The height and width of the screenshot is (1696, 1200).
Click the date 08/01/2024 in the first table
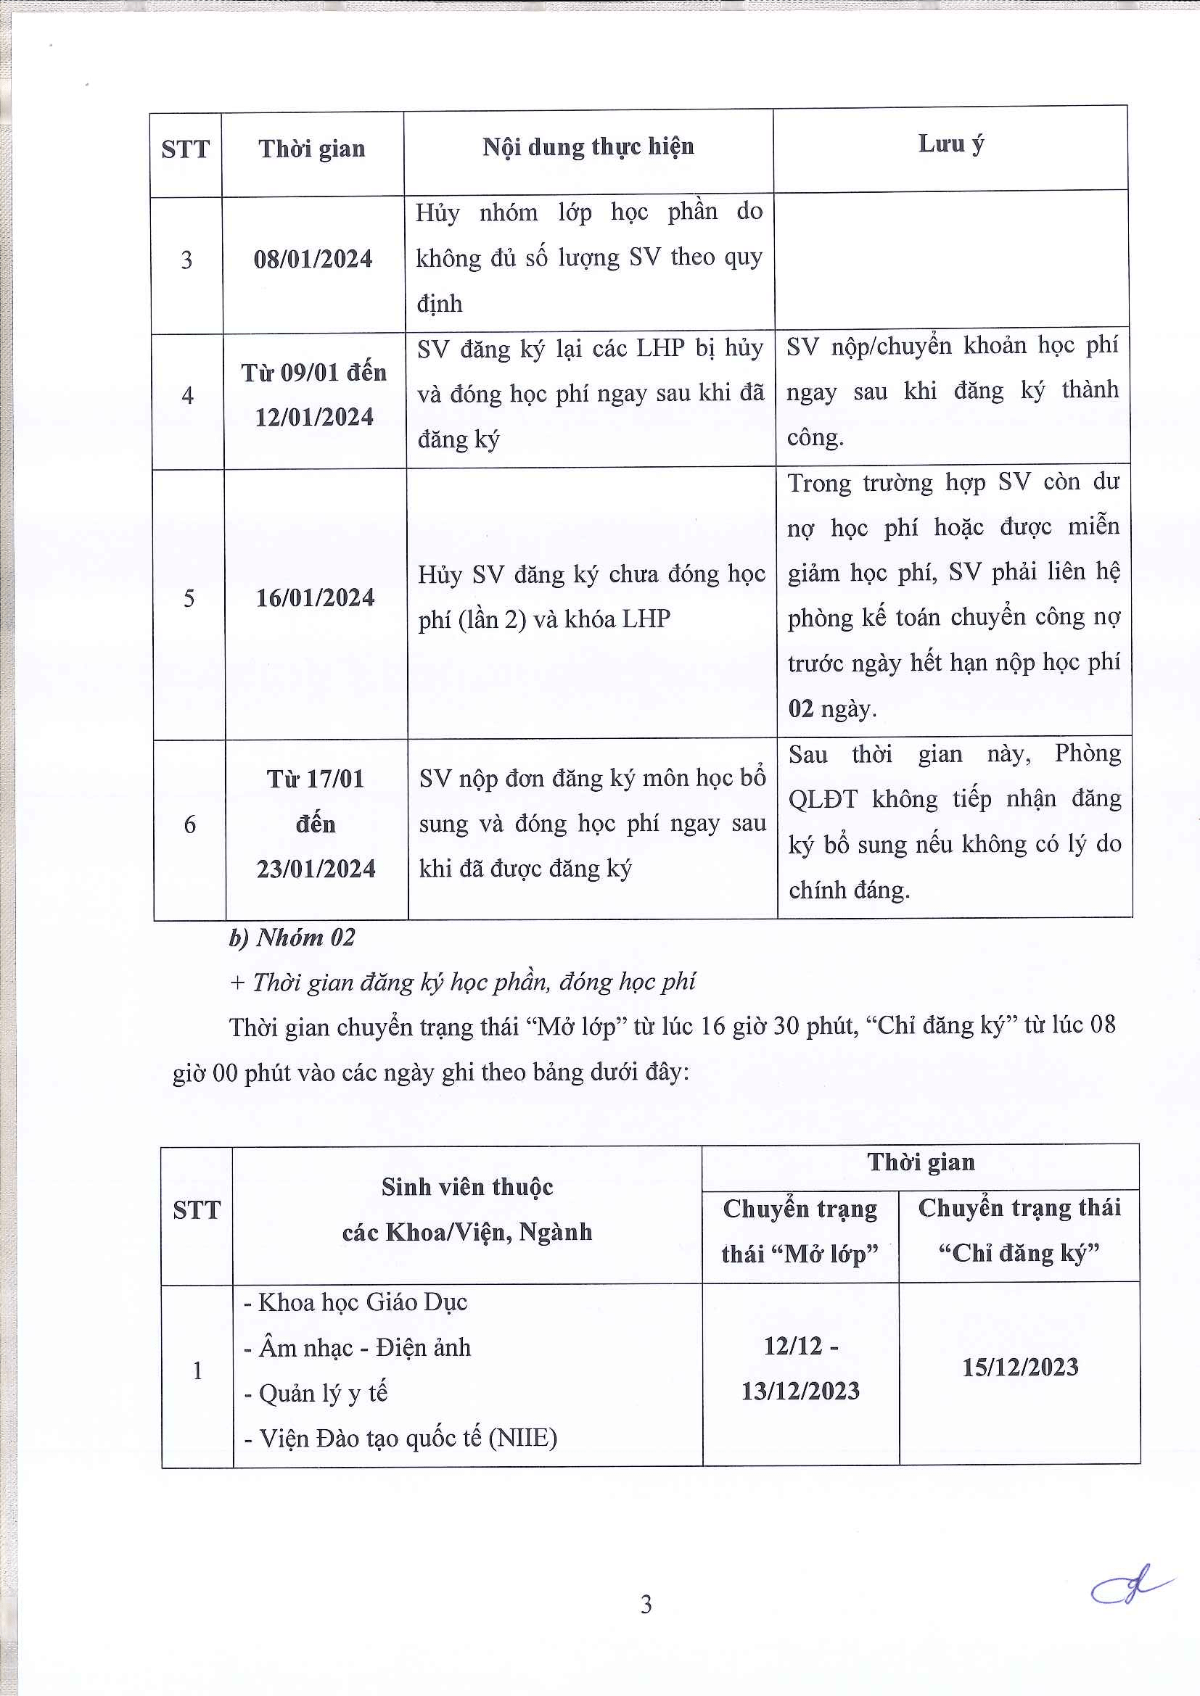coord(313,260)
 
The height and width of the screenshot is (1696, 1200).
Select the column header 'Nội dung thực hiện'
coord(588,147)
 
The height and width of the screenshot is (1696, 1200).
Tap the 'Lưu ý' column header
coord(951,144)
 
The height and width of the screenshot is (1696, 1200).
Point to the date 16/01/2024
coord(315,597)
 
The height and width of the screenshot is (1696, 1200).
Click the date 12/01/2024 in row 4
coord(314,418)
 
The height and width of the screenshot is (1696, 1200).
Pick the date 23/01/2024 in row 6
coord(316,869)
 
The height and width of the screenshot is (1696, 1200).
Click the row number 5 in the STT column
coord(189,598)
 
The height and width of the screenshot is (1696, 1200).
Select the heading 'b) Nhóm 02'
coord(292,938)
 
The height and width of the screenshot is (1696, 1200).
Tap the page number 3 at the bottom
coord(646,1605)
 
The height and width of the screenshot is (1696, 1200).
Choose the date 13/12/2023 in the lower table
coord(800,1391)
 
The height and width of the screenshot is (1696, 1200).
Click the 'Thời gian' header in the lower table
coord(921,1162)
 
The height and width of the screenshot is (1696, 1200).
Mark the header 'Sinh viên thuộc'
coord(467,1187)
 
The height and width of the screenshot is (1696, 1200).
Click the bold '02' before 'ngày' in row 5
coord(801,709)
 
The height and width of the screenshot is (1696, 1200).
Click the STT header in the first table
coord(186,150)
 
